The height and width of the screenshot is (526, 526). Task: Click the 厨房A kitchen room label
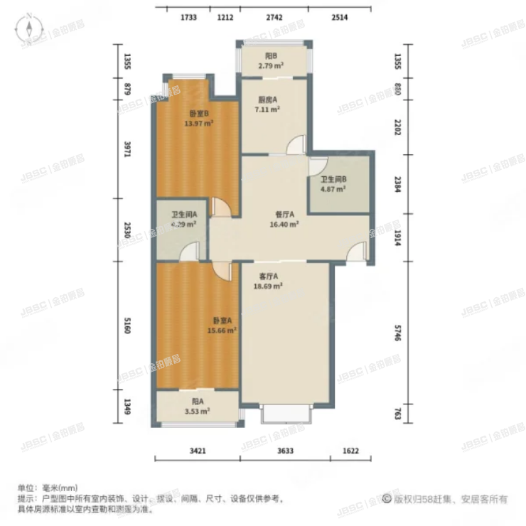click(x=267, y=100)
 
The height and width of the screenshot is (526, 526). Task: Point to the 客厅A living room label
click(x=267, y=277)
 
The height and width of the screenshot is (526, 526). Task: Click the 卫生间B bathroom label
click(x=333, y=181)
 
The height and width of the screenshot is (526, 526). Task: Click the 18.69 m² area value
click(x=269, y=286)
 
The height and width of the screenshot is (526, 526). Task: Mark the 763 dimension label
click(x=398, y=414)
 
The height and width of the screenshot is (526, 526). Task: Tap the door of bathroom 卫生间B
click(x=316, y=167)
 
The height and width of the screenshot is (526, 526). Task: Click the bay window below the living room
click(x=286, y=414)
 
